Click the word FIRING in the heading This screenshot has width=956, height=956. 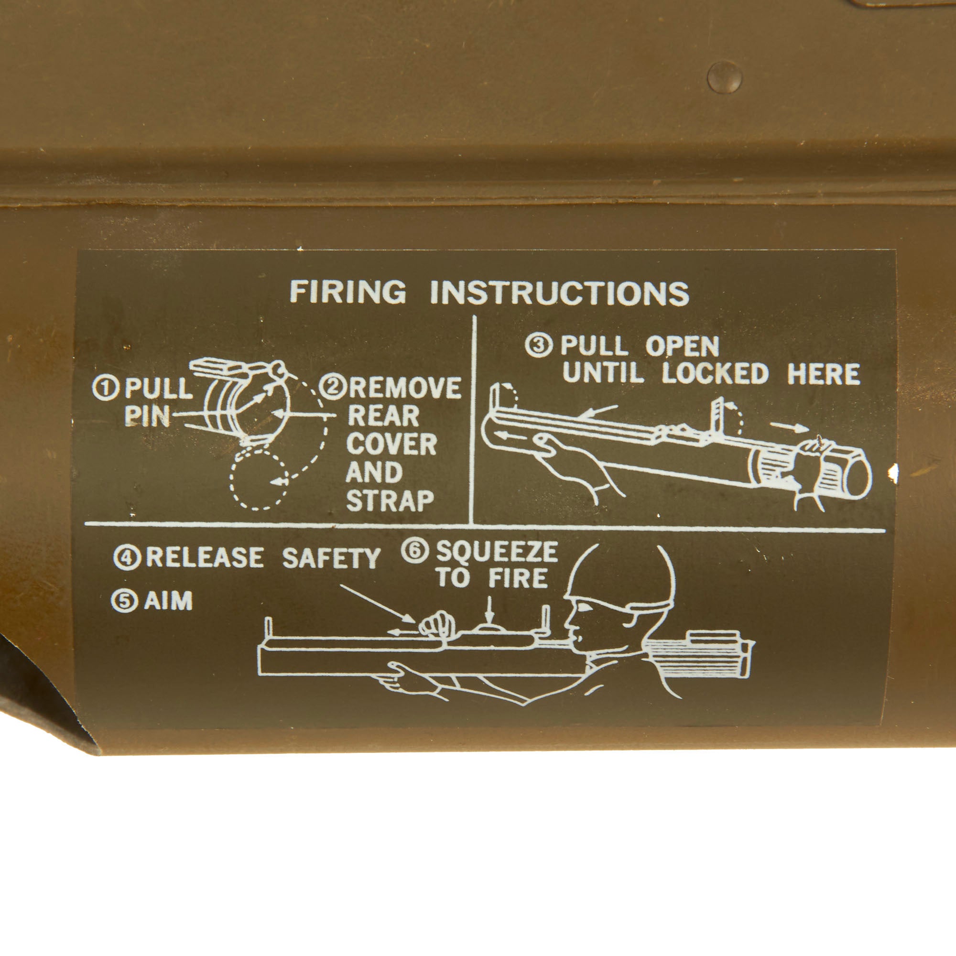pos(348,292)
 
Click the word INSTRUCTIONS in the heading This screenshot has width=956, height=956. pos(560,293)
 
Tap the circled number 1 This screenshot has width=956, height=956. pos(105,389)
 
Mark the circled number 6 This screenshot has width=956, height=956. pos(414,551)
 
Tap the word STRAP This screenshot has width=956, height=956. pos(390,501)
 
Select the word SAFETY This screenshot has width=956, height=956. pos(331,559)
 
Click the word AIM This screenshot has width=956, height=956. pos(168,602)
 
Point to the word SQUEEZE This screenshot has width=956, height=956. pos(497,551)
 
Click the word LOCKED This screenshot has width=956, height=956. pos(715,374)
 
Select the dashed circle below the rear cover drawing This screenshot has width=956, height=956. pos(259,479)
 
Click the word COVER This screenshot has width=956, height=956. pos(391,445)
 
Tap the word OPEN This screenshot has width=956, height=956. pos(682,347)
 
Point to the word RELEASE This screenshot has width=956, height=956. pos(205,558)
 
